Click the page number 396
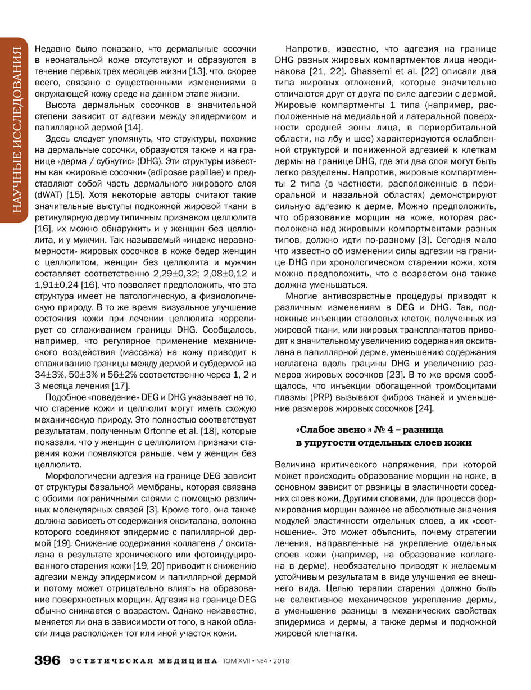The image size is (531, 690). (x=47, y=661)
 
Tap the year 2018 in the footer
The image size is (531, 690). (x=279, y=661)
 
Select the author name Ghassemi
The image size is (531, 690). (x=357, y=71)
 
